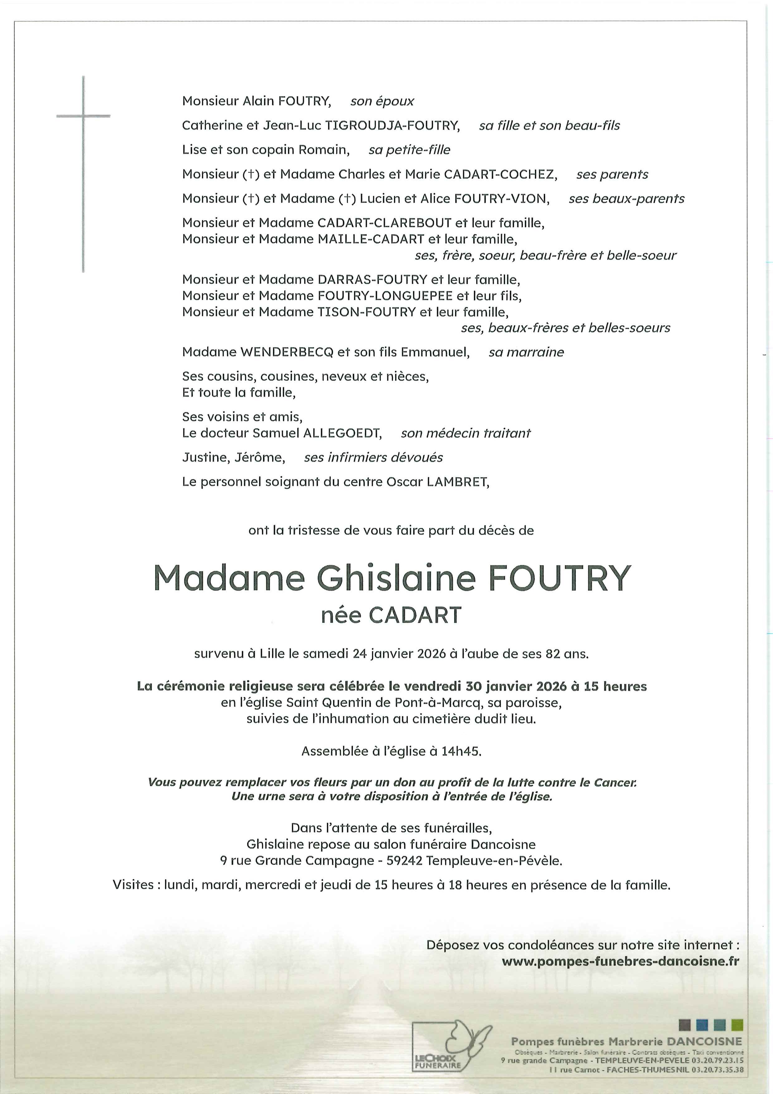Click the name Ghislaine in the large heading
[x=396, y=578]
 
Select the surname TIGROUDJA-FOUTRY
[x=392, y=126]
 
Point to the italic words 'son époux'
[x=382, y=101]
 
